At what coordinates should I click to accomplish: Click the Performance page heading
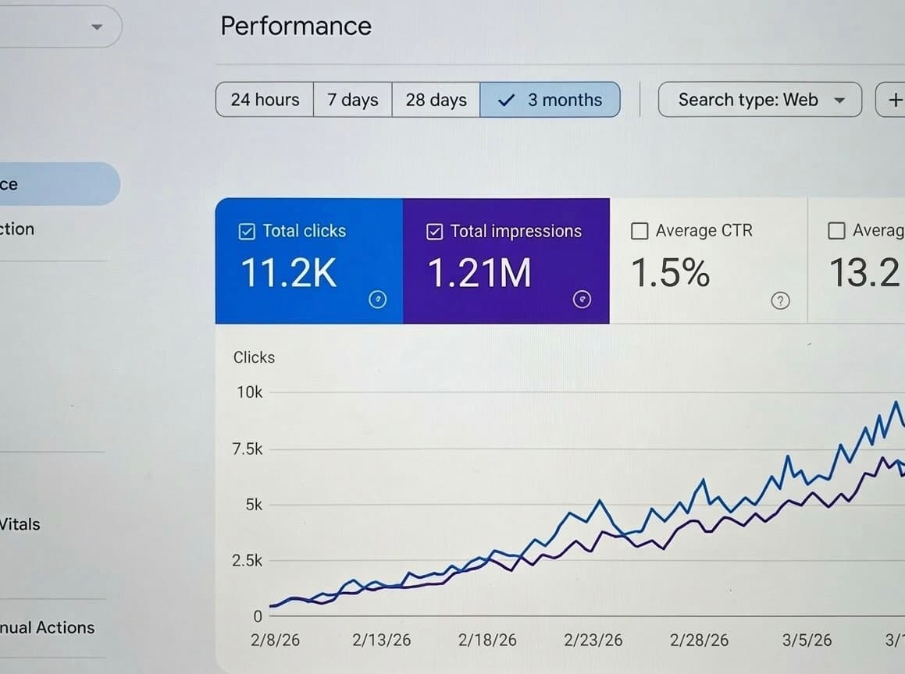(x=296, y=26)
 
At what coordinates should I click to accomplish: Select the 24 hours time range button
(x=265, y=100)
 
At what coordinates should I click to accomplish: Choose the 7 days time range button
(x=352, y=100)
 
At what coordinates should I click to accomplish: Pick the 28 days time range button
(x=436, y=100)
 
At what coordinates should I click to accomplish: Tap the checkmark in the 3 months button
(x=506, y=100)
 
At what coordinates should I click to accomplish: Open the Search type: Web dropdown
(x=759, y=100)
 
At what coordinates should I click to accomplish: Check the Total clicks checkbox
(x=246, y=231)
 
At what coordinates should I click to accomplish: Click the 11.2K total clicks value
(x=288, y=273)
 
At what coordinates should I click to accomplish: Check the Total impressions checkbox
(x=435, y=232)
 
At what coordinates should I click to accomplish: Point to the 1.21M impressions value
(x=479, y=273)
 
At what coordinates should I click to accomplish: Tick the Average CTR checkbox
(x=640, y=231)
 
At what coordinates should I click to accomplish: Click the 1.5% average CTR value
(x=669, y=273)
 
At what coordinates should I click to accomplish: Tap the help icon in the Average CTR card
(x=779, y=300)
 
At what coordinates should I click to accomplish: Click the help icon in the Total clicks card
(x=377, y=300)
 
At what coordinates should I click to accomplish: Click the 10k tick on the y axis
(x=250, y=392)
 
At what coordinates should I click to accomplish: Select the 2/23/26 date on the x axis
(x=593, y=640)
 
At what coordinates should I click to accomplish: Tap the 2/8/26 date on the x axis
(x=275, y=640)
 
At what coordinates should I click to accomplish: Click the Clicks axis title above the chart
(x=254, y=357)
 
